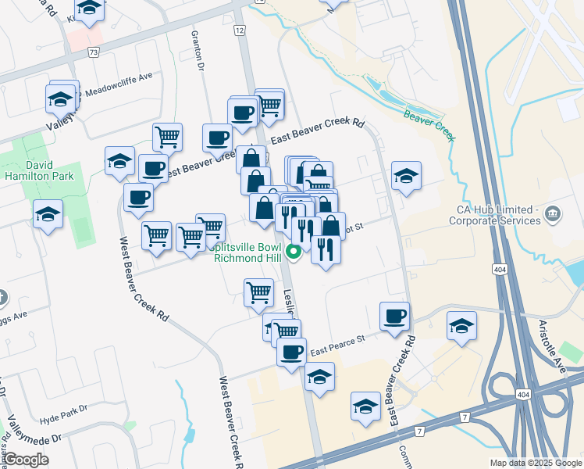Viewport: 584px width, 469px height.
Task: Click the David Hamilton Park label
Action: click(51, 170)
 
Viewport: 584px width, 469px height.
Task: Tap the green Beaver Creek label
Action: click(429, 125)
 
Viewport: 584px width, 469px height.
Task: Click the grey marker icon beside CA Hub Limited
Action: click(553, 213)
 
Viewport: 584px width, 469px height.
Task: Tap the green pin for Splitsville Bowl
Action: click(294, 252)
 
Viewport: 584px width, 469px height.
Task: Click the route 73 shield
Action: click(94, 52)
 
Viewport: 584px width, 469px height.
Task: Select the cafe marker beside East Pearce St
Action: click(394, 317)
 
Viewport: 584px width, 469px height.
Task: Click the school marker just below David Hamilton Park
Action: click(48, 214)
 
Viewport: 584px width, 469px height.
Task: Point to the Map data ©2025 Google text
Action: click(535, 463)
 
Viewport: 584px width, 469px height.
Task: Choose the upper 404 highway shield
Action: click(498, 269)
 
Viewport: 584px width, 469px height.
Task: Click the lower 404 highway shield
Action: click(521, 397)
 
